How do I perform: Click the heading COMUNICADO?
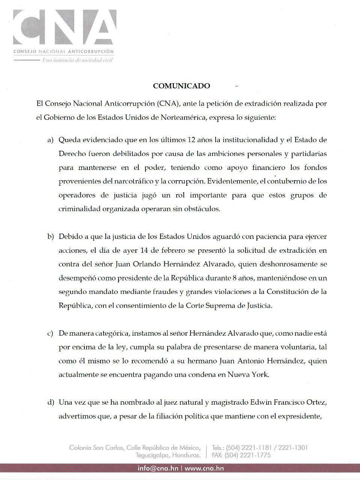181,86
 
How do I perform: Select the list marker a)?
50,140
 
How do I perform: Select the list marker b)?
50,237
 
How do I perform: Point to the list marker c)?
50,333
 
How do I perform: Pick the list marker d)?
50,402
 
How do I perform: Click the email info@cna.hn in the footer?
158,468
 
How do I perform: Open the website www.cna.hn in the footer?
204,468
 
